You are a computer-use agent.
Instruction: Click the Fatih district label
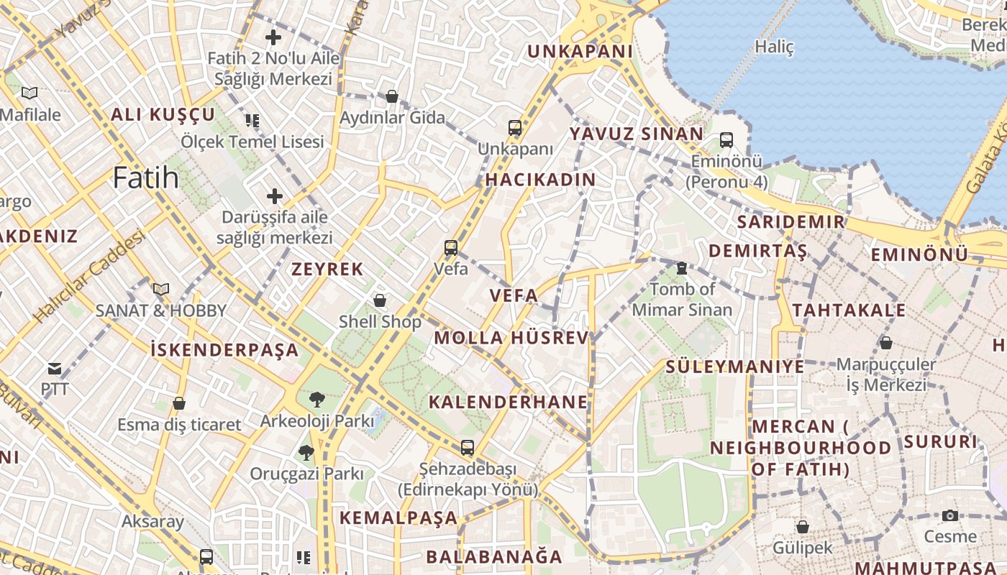145,178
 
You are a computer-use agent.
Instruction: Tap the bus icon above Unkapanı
515,128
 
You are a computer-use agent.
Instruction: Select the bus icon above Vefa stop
451,248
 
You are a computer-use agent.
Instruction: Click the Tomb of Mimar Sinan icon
681,268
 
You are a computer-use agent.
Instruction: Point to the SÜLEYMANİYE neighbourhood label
734,367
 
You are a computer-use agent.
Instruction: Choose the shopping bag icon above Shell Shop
380,300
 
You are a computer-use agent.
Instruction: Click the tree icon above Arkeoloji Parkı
316,399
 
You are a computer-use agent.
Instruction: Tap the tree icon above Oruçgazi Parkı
306,453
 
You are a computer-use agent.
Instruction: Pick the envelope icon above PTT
55,369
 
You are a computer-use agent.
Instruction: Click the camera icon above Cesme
950,515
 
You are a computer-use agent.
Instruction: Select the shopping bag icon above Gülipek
803,527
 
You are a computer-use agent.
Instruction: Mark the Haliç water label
774,47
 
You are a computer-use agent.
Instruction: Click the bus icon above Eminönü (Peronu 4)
726,139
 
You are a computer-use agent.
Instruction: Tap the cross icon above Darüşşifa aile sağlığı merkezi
274,195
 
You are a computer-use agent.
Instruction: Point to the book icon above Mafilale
29,93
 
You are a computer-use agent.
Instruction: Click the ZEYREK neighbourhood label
327,270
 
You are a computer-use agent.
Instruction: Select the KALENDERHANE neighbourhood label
508,402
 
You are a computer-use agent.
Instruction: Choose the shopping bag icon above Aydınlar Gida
392,96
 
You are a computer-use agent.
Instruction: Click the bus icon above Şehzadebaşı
468,448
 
